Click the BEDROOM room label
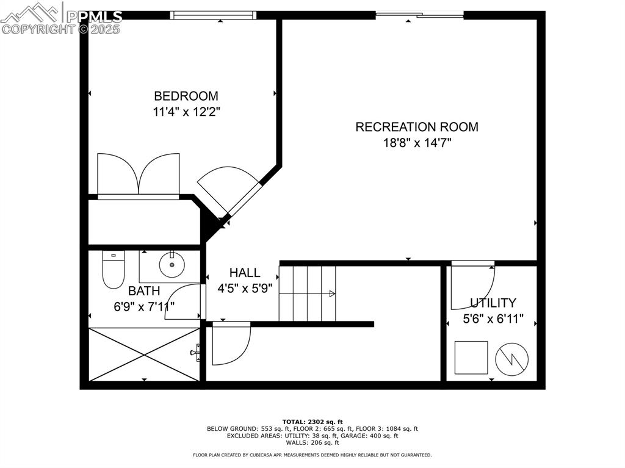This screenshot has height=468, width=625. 186,96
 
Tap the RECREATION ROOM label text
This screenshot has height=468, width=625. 416,127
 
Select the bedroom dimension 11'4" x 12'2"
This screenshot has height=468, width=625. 186,112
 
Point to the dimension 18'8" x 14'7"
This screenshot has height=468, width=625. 416,143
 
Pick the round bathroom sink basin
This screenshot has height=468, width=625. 172,265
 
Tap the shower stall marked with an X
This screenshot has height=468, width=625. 144,355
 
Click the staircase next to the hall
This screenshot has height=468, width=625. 308,293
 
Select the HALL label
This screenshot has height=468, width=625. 244,273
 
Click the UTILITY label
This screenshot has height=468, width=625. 493,303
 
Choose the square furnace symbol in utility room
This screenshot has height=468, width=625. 471,358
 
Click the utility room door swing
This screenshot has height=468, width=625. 472,286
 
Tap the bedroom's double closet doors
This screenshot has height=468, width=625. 139,175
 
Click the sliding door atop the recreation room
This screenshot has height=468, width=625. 419,15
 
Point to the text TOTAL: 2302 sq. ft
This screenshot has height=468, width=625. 312,422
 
